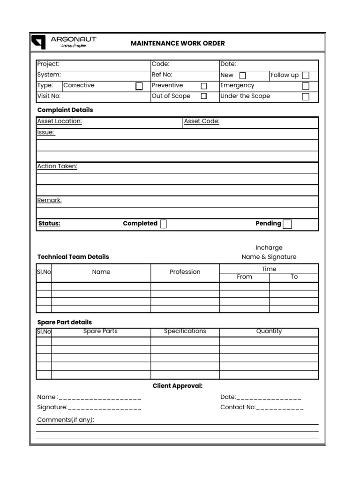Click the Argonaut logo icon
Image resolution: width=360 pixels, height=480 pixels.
coord(38,42)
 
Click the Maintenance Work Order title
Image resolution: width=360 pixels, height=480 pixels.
coord(178,43)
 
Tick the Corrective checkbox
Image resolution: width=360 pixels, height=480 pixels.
coord(139,86)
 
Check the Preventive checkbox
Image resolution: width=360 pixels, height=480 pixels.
coord(204,86)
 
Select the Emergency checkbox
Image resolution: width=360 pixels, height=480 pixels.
coord(306,86)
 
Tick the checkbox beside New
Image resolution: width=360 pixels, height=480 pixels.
coord(242,75)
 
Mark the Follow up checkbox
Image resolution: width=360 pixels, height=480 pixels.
coord(306,75)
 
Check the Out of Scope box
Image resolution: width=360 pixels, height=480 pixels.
coord(204,96)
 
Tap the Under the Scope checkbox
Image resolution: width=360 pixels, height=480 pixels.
coord(306,97)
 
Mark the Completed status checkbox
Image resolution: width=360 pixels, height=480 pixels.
coord(164,224)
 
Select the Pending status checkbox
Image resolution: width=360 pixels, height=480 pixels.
coord(287,224)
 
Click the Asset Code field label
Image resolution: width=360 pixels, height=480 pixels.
coord(202,121)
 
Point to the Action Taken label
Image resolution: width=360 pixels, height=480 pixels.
coord(57,166)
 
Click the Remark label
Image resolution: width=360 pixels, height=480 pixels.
coord(49,200)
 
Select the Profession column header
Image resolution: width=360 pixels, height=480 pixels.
coord(185,272)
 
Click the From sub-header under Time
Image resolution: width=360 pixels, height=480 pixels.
coord(244,277)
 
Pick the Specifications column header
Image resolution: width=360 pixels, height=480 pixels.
coord(185,331)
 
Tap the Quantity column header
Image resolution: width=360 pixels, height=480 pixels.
coord(269,331)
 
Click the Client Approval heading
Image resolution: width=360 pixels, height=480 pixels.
coord(178,386)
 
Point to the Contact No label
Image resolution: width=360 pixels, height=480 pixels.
coord(238,407)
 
